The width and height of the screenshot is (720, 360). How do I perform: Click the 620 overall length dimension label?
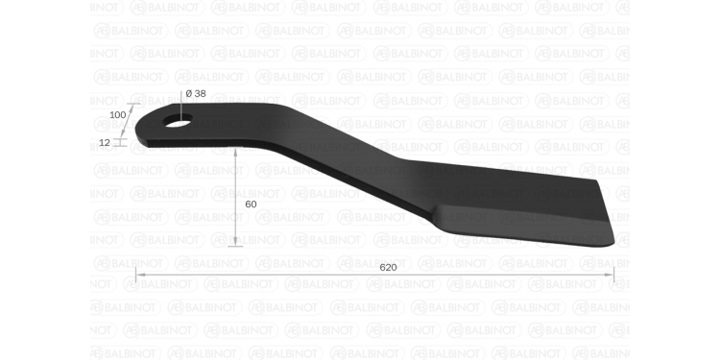pyautogui.click(x=388, y=267)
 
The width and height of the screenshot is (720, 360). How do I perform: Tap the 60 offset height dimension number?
pyautogui.click(x=251, y=204)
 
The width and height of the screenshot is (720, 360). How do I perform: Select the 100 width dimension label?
pyautogui.click(x=117, y=115)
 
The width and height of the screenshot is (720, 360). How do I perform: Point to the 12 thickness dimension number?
pyautogui.click(x=105, y=143)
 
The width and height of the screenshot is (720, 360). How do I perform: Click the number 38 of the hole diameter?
pyautogui.click(x=200, y=94)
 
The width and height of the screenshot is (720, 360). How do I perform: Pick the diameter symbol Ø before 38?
pyautogui.click(x=189, y=94)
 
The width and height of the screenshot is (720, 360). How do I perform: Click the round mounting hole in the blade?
pyautogui.click(x=178, y=120)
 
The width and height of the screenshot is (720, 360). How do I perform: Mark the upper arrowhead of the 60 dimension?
pyautogui.click(x=235, y=153)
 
